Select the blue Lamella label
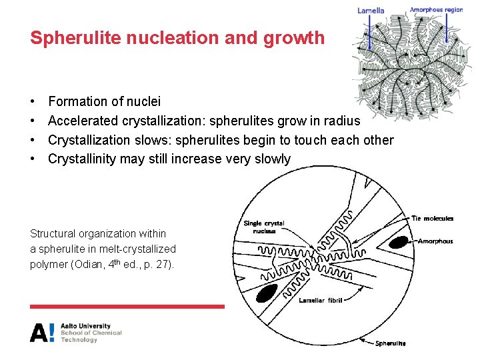371,11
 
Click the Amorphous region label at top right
436,10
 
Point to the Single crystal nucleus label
264,227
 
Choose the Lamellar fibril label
321,301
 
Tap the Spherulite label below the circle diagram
390,343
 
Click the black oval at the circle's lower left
267,292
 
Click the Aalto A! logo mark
42,331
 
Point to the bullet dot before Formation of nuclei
33,102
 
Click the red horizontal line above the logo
127,306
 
